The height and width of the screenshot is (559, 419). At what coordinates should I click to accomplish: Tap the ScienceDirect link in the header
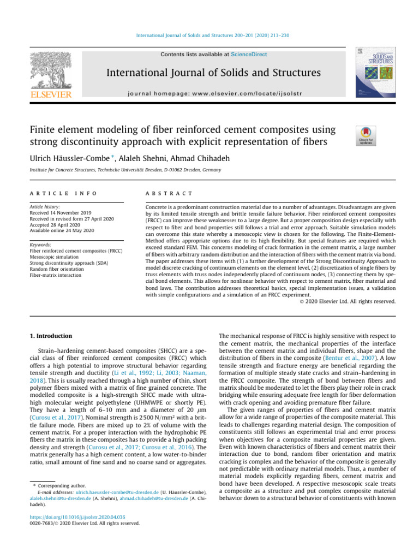tap(249, 55)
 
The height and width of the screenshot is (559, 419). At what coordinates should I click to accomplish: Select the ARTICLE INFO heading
tap(62, 194)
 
